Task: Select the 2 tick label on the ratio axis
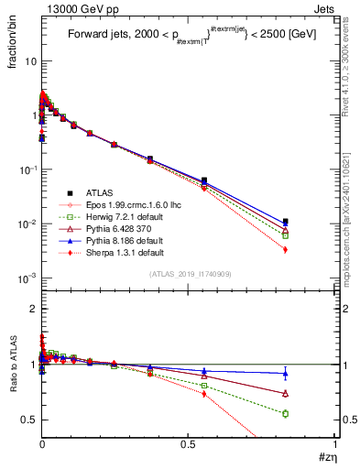32,309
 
